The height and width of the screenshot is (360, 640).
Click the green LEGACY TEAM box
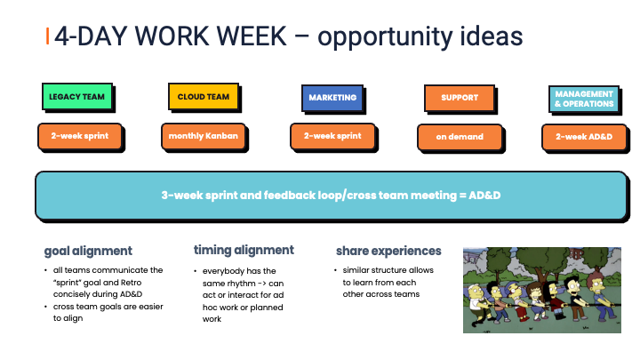pos(77,97)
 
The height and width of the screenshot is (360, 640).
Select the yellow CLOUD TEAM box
pos(204,97)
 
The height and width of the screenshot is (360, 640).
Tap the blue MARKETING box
pos(332,98)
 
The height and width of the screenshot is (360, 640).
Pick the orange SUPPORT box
pos(460,98)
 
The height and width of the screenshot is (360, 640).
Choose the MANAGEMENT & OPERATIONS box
pos(584,99)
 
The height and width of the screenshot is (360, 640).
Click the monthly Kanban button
pos(204,136)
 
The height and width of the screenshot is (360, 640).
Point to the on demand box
pos(460,137)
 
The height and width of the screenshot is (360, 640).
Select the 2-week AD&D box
pos(584,137)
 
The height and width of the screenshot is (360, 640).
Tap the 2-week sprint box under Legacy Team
pos(80,136)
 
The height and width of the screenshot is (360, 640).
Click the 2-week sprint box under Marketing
pos(332,136)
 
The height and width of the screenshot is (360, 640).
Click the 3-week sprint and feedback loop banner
pos(331,196)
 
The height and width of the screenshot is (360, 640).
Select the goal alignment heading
pos(88,251)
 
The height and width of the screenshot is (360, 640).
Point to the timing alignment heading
pos(244,250)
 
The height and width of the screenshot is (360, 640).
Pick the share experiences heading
pos(388,251)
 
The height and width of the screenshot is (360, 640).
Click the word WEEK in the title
pos(252,36)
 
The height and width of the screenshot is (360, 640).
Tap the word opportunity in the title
pos(385,37)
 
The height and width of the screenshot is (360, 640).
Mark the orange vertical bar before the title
pos(48,36)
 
